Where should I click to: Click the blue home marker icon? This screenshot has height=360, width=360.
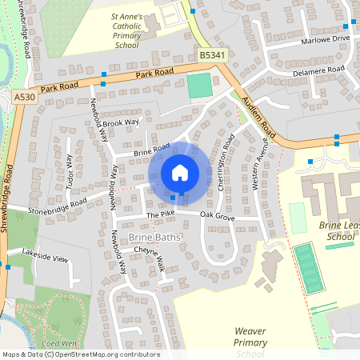(x=180, y=172)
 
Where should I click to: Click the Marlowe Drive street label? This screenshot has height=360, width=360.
(x=326, y=38)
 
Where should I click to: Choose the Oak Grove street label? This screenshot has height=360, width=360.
(x=217, y=216)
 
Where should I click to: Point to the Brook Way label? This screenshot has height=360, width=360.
(x=121, y=122)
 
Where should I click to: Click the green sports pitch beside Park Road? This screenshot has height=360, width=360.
(x=200, y=86)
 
